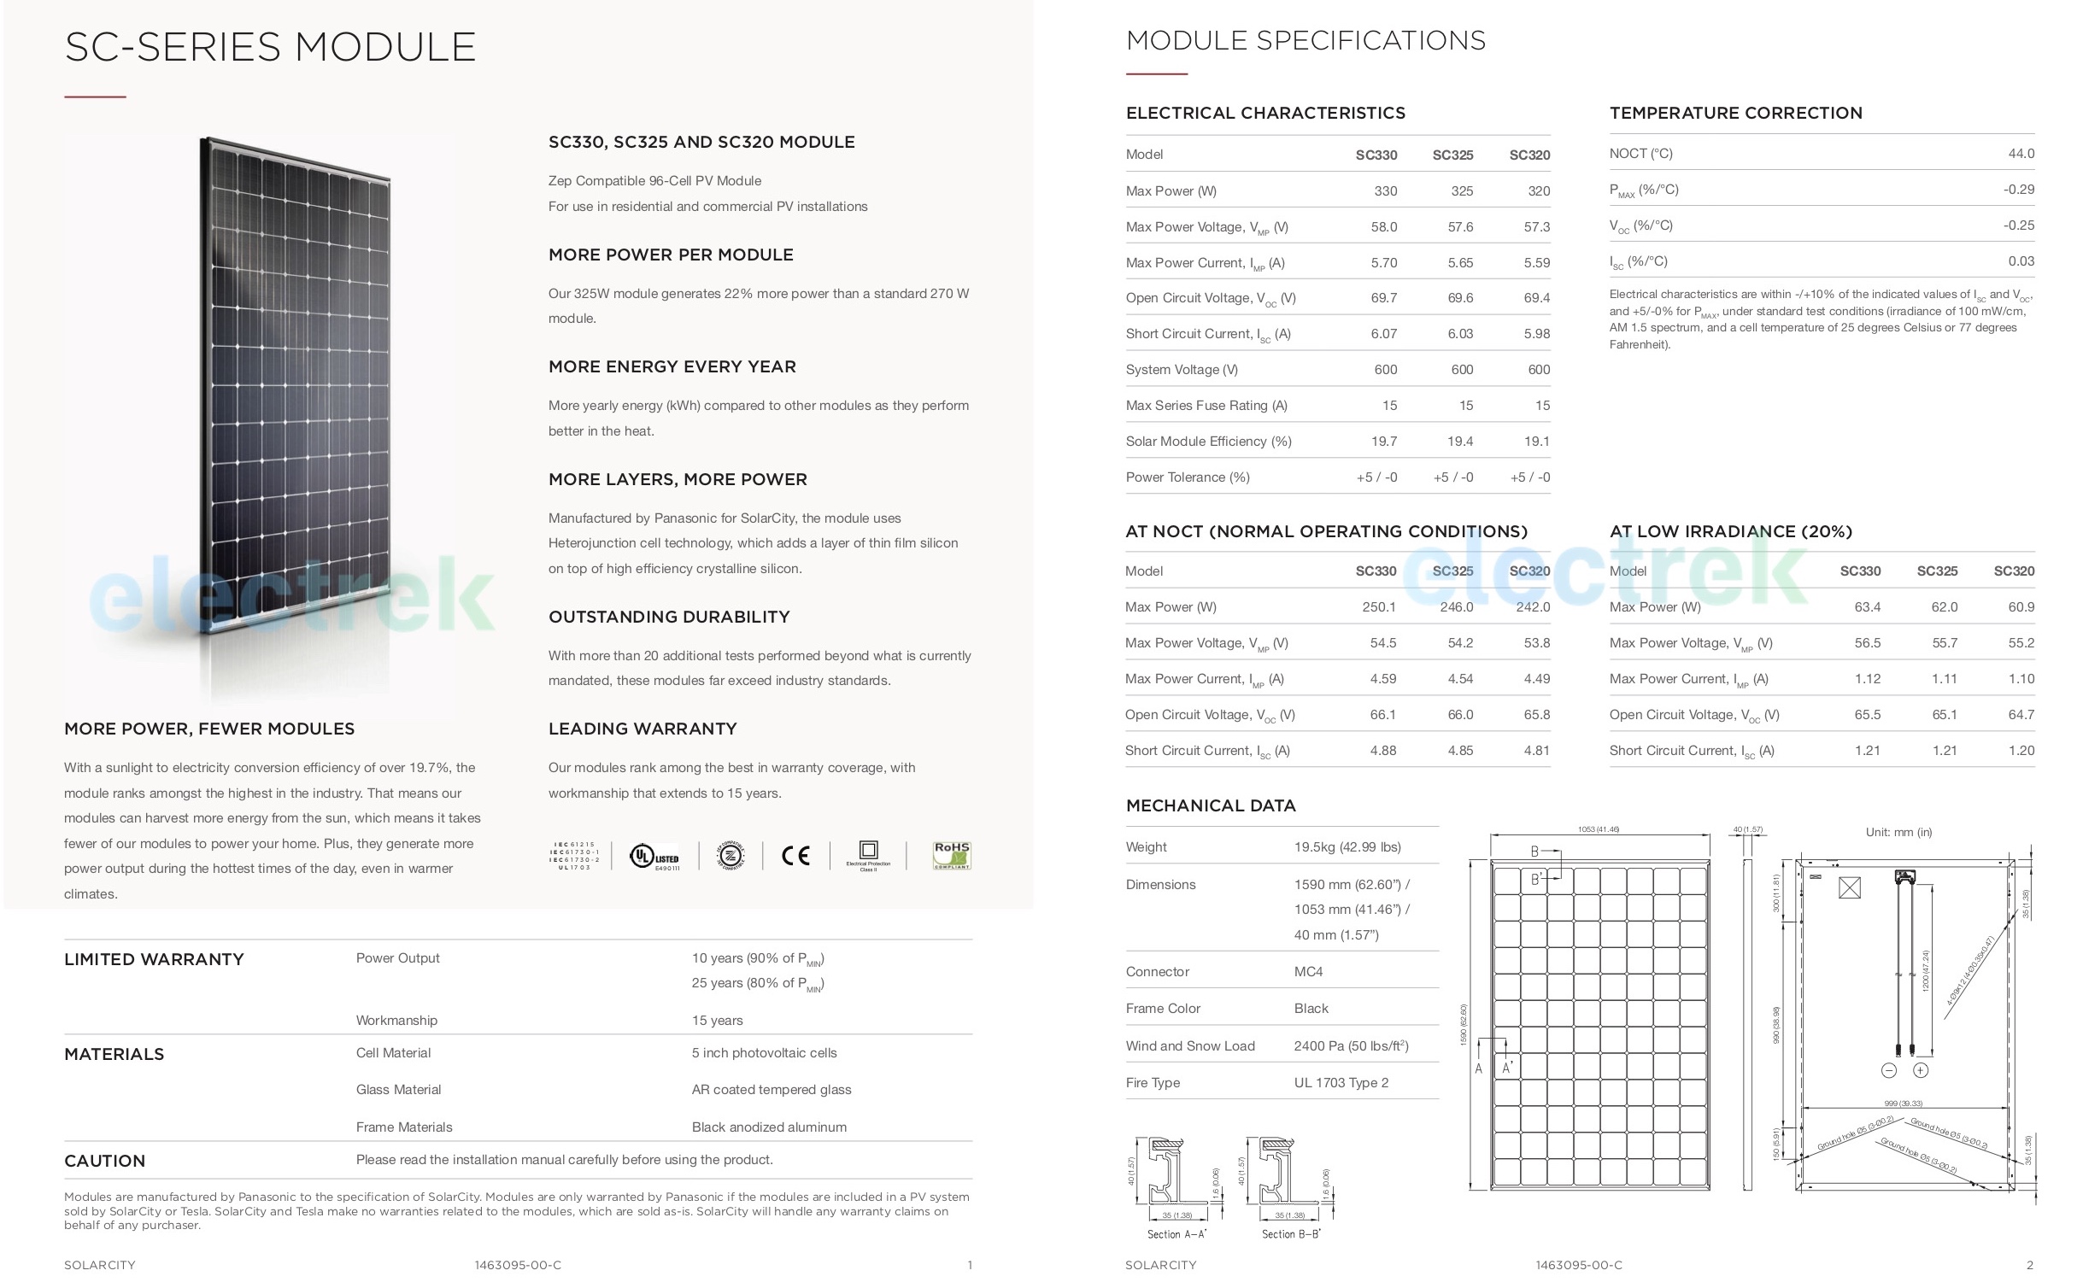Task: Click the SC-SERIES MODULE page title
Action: coord(270,47)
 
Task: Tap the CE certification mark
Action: coord(795,855)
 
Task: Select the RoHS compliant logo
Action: coord(952,855)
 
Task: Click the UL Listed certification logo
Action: coord(654,856)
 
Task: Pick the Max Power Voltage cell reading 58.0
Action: coord(1383,227)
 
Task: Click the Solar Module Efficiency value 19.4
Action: coord(1460,442)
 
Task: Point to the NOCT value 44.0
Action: coord(2021,154)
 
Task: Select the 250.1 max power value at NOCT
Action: coord(1378,607)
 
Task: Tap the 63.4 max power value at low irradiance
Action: coord(1867,607)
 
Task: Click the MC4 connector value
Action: coord(1308,972)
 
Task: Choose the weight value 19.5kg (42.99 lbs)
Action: coord(1347,847)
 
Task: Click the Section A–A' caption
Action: coord(1176,1234)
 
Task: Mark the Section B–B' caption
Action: coord(1291,1234)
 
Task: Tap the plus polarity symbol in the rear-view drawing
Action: coord(1921,1070)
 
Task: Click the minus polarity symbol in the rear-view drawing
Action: coord(1889,1070)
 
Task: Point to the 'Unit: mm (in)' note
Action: coord(1898,832)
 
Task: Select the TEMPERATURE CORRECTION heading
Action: coord(1735,113)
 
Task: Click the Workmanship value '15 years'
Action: coord(717,1021)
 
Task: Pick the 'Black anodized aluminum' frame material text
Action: coord(769,1127)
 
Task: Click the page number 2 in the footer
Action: coord(2030,1265)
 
